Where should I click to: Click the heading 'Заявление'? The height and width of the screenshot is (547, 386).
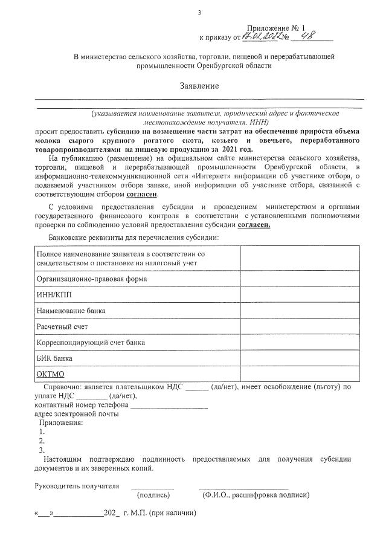coord(199,86)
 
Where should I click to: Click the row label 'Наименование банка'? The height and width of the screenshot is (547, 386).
coord(71,311)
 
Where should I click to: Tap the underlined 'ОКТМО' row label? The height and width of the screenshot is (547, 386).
coord(51,374)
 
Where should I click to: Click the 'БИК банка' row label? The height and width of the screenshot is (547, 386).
coord(54,358)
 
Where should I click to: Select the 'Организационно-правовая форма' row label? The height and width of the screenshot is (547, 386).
coord(92,279)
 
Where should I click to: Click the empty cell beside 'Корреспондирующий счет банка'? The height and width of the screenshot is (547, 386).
coord(299,342)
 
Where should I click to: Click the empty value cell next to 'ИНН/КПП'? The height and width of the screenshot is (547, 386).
coord(299,295)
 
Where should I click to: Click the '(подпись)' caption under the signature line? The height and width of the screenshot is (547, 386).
coord(153,495)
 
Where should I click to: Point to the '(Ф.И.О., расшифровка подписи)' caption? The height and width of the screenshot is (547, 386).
coord(256,495)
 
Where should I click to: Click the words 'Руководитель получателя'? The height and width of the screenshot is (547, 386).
coord(77,485)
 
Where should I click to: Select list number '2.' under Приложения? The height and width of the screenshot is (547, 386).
coord(42,441)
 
